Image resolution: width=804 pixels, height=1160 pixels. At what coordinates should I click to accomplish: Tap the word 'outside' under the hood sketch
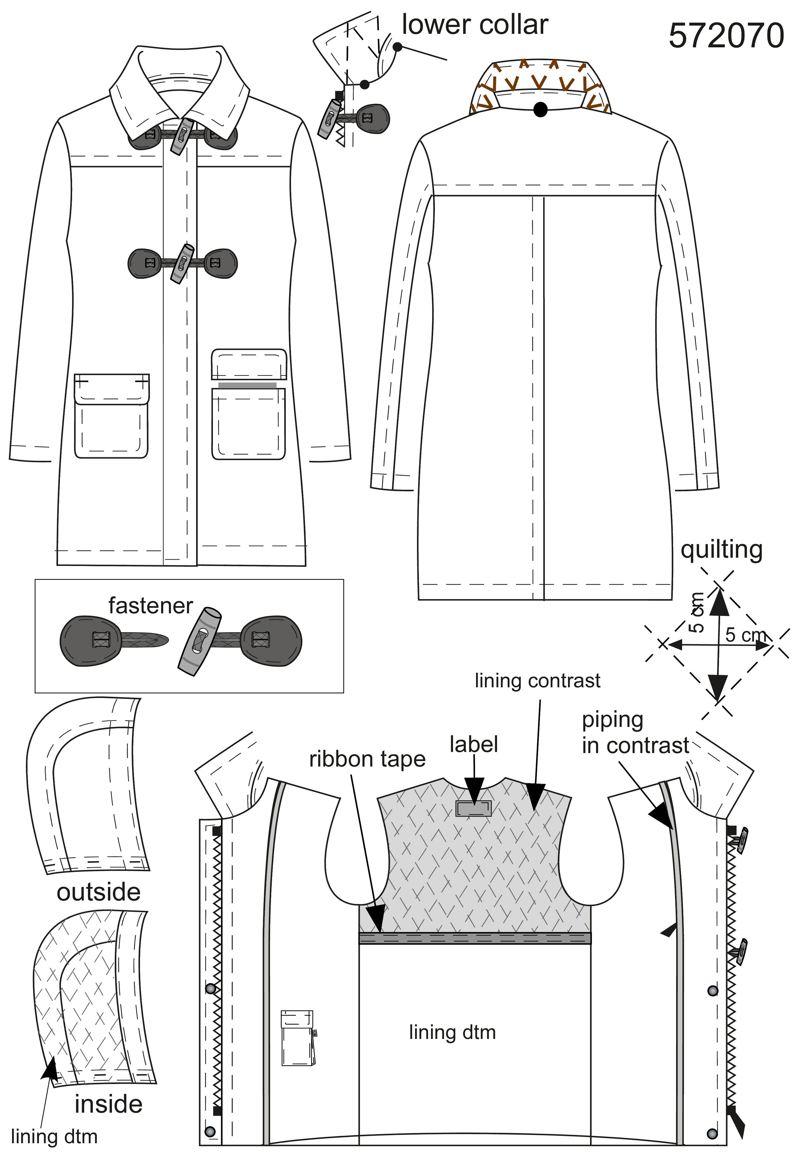99,892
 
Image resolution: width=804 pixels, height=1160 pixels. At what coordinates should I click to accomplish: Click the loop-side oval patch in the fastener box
90,640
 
